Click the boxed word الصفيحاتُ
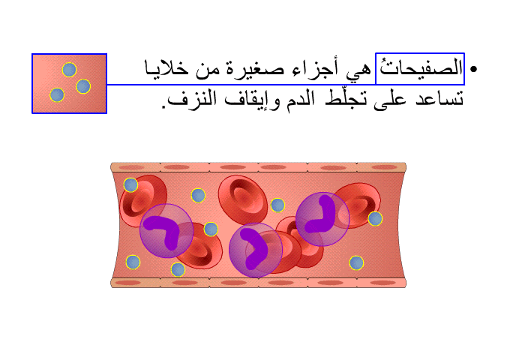click(420, 68)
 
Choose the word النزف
click(190, 99)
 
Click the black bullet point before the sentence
click(473, 69)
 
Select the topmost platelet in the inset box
click(69, 70)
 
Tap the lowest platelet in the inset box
click(57, 94)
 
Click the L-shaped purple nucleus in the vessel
click(319, 214)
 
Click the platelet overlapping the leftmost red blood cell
click(130, 184)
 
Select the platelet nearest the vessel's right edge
click(375, 219)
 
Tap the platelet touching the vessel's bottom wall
click(178, 269)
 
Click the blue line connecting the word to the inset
click(241, 85)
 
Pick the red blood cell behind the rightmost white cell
click(358, 205)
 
